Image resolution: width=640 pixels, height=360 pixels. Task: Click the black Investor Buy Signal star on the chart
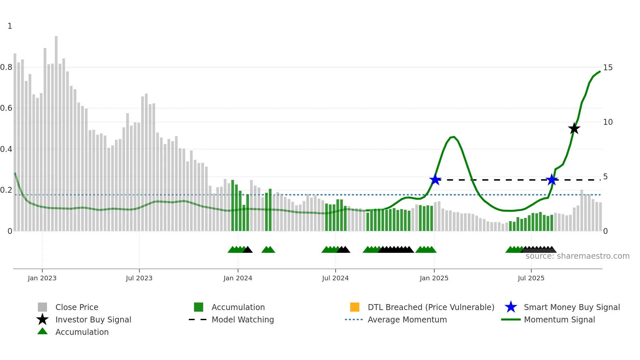574,129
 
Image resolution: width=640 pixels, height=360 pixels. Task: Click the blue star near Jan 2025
435,180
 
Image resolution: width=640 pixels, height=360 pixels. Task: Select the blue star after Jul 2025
552,180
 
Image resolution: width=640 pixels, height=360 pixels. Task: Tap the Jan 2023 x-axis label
42,278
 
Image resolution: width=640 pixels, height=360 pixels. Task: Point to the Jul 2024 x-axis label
335,278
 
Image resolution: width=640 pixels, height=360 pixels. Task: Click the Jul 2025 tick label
531,278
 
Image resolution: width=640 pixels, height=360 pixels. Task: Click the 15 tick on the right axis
608,68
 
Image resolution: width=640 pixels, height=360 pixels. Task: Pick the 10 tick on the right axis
608,122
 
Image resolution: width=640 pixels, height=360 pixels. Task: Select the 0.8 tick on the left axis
6,67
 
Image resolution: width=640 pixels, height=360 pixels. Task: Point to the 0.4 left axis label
6,149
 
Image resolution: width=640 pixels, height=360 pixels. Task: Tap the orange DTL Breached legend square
355,307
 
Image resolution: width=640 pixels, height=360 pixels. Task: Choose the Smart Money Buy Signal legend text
572,307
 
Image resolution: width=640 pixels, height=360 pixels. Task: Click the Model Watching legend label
243,319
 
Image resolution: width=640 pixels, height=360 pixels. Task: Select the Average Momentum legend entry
407,319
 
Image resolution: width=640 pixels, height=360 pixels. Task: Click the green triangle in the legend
42,331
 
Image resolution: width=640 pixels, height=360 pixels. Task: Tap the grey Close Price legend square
42,307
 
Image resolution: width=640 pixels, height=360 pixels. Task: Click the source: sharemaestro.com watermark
577,256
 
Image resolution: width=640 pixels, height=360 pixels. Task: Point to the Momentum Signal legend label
559,319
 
